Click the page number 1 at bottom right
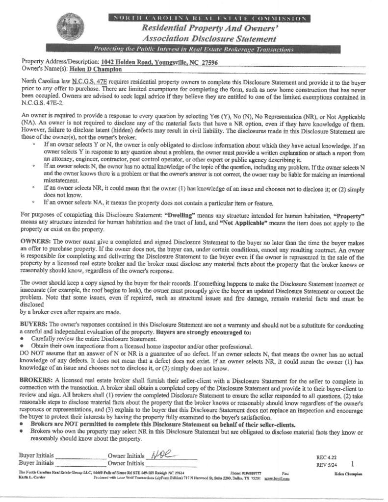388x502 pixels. tap(353, 463)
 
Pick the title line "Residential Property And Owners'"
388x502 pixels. tap(208, 28)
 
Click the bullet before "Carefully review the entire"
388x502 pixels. tap(23, 339)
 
